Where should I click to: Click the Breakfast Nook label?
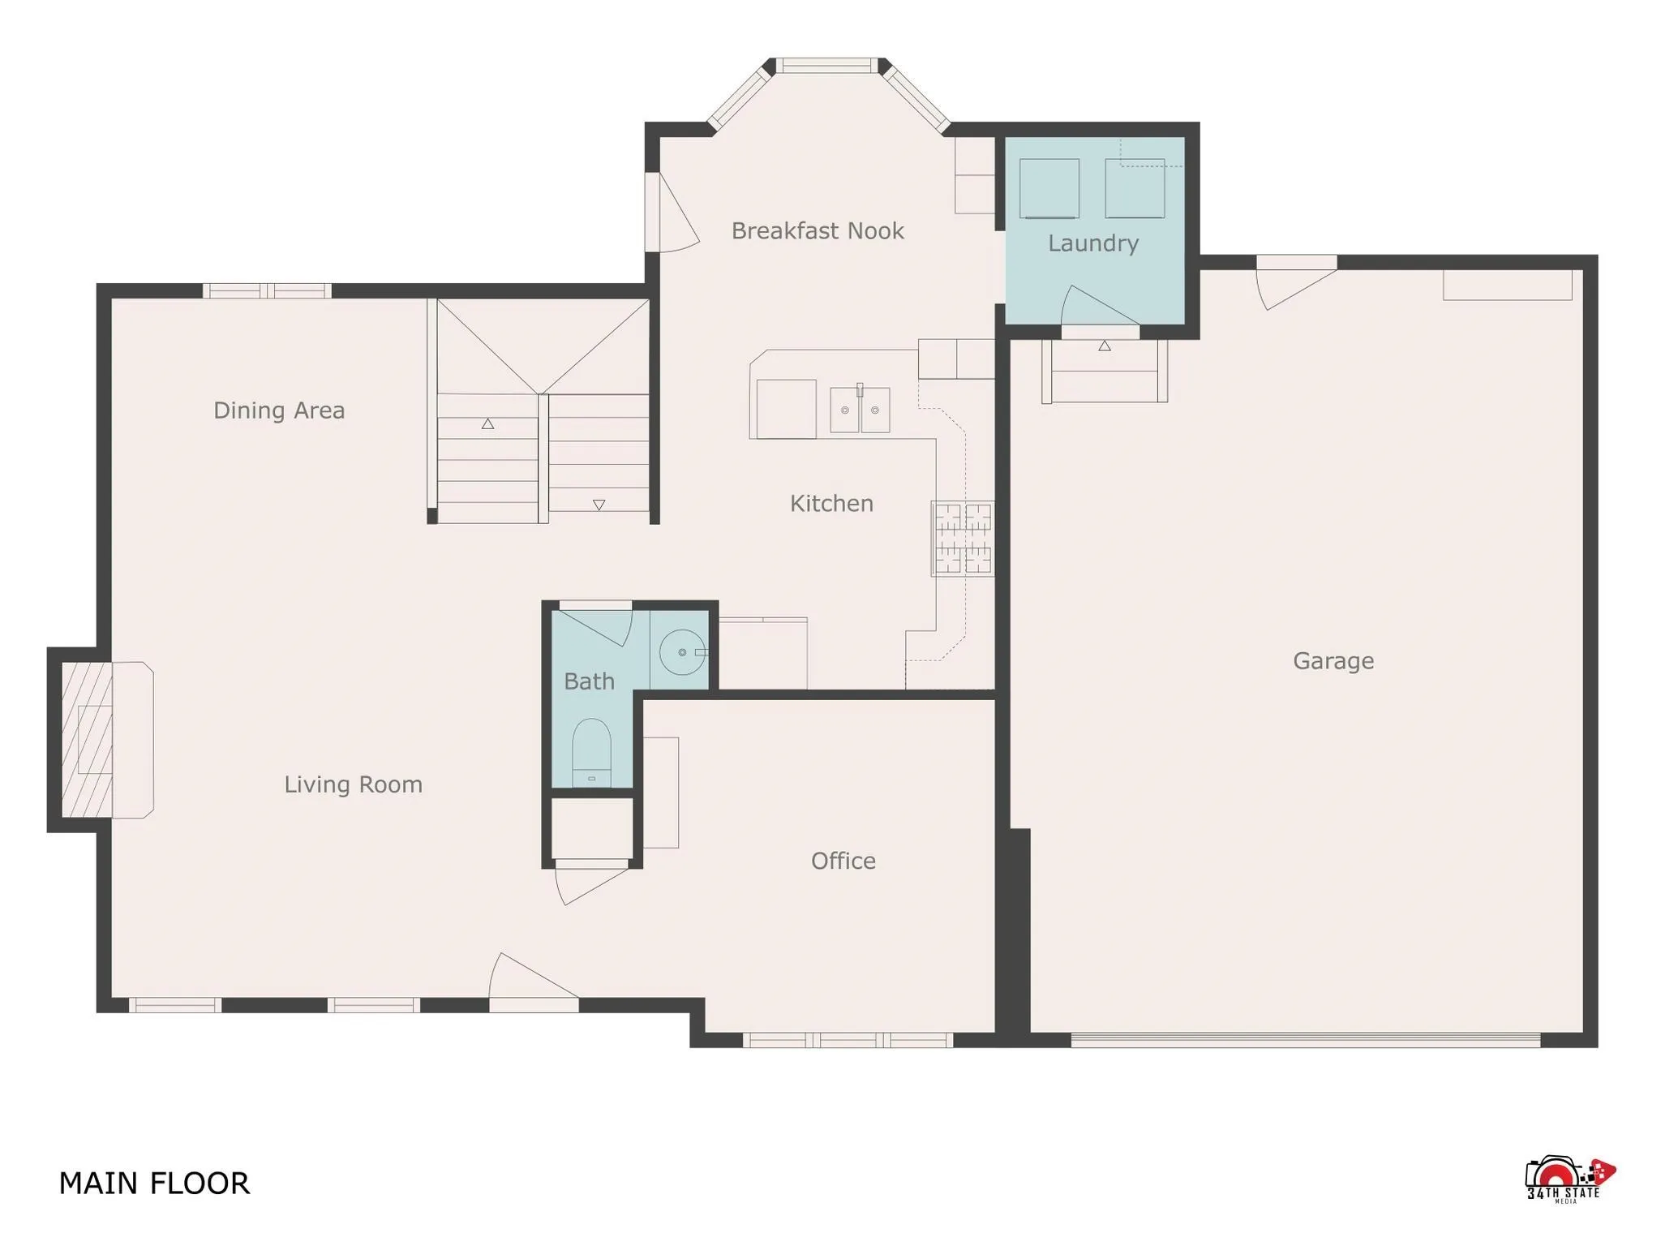(817, 231)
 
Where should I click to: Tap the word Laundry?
(1092, 243)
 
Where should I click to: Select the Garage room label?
(1333, 661)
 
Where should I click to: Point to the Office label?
(843, 861)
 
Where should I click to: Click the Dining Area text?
(279, 410)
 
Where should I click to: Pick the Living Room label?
(353, 784)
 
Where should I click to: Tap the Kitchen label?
(831, 504)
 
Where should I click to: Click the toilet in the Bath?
(591, 750)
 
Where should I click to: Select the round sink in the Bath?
(681, 652)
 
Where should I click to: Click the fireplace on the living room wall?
(89, 740)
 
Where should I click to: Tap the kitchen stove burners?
(962, 539)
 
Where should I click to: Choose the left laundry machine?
(1049, 188)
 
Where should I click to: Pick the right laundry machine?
(1134, 188)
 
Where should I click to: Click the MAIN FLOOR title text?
(154, 1184)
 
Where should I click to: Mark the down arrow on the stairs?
(599, 505)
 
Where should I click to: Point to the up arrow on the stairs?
(487, 423)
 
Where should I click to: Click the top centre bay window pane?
(827, 66)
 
